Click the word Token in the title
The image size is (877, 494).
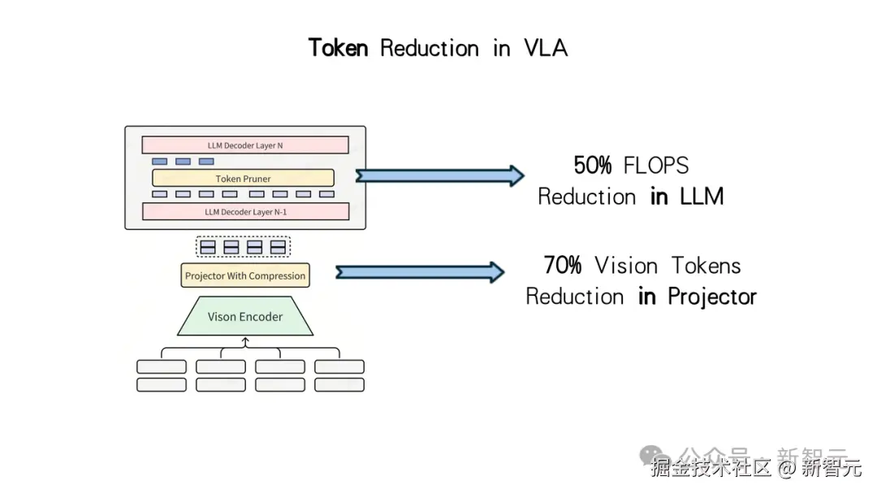(338, 48)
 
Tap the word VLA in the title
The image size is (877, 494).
(546, 48)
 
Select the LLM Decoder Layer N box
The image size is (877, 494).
(245, 145)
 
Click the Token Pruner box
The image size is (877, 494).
(243, 178)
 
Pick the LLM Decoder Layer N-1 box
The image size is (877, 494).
(245, 212)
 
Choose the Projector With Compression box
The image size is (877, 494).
(245, 275)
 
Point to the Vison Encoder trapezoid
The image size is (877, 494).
(245, 317)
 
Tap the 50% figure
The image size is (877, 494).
(593, 166)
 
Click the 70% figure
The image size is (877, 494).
(564, 266)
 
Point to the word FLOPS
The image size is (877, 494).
(656, 166)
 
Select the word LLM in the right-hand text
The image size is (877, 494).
(700, 197)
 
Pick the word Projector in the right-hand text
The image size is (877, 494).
(712, 297)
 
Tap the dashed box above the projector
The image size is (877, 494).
(243, 246)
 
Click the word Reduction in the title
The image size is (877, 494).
(429, 48)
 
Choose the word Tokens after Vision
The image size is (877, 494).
(706, 266)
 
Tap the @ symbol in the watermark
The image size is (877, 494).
(786, 468)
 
